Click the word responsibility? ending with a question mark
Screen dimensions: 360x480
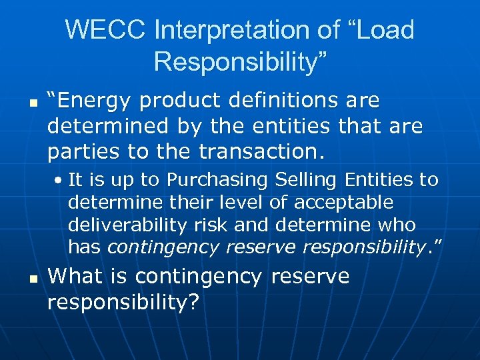point(123,302)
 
